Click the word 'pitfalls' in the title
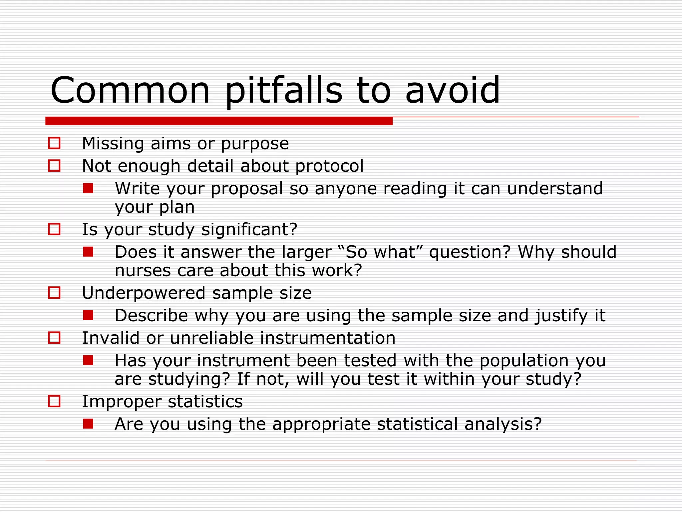[x=283, y=91]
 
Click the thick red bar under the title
[x=219, y=121]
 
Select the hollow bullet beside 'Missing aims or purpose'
[x=54, y=143]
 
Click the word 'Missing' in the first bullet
[x=113, y=144]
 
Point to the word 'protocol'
[x=329, y=166]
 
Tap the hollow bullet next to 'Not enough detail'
[x=54, y=166]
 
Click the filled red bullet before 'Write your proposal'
[x=88, y=188]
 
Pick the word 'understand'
[x=555, y=188]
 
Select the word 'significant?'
[x=249, y=229]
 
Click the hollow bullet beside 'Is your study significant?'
[x=54, y=229]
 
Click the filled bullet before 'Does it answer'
[x=88, y=252]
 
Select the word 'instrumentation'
[x=328, y=338]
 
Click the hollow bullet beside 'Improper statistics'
[x=54, y=401]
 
